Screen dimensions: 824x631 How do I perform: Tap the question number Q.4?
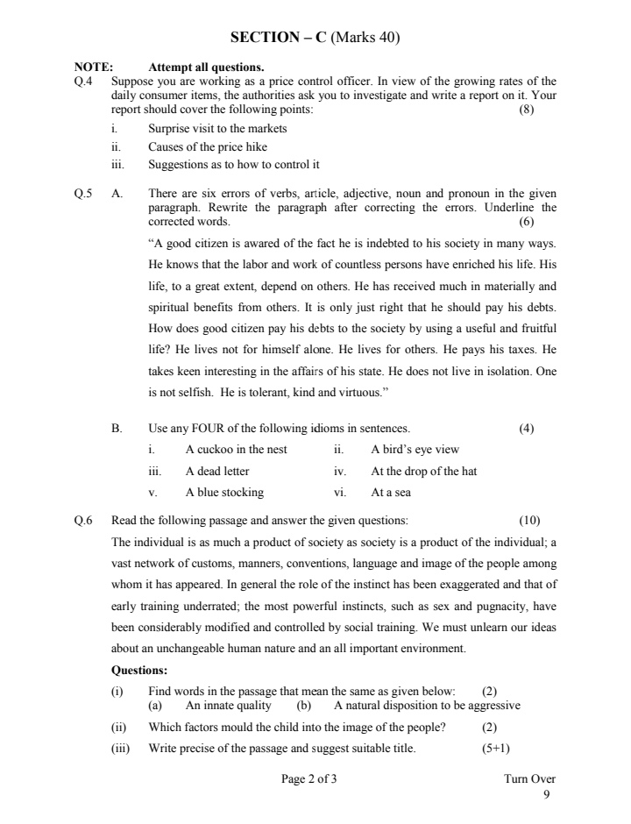(84, 82)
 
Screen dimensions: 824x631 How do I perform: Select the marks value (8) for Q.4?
(526, 110)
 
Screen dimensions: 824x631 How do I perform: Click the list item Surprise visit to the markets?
(217, 128)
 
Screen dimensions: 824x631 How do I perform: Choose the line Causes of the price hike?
(208, 146)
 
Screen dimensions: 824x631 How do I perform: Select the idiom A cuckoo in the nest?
(236, 450)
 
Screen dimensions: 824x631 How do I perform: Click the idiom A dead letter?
(217, 471)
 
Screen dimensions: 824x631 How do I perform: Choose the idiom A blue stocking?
(224, 492)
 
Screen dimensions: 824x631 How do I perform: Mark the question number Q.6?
(84, 520)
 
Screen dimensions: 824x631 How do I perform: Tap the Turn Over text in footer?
(529, 778)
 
